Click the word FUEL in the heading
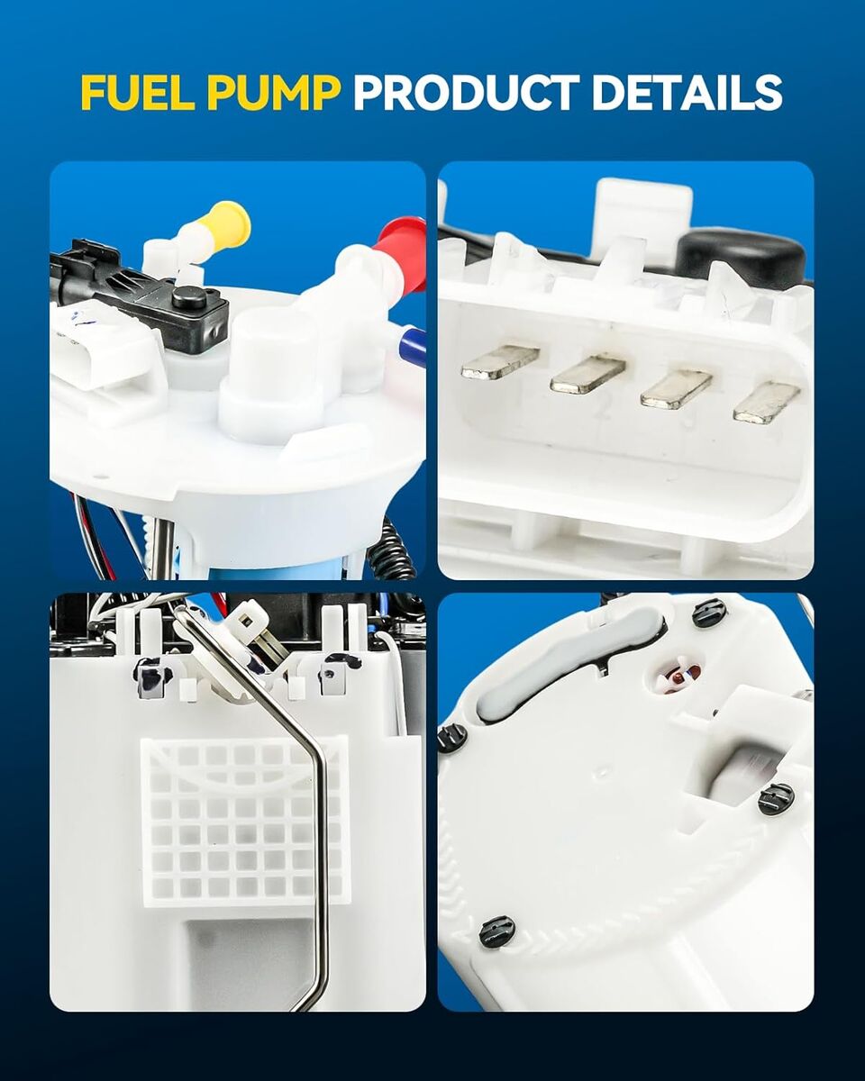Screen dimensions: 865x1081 pyautogui.click(x=138, y=93)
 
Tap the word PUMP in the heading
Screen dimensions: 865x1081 pyautogui.click(x=273, y=93)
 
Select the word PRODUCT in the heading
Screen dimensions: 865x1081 pyautogui.click(x=466, y=93)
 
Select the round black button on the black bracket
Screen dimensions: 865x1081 pyautogui.click(x=189, y=297)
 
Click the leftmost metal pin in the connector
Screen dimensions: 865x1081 pyautogui.click(x=500, y=360)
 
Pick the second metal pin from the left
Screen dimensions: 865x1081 pyautogui.click(x=587, y=374)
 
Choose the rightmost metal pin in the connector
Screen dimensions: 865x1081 pyautogui.click(x=767, y=403)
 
